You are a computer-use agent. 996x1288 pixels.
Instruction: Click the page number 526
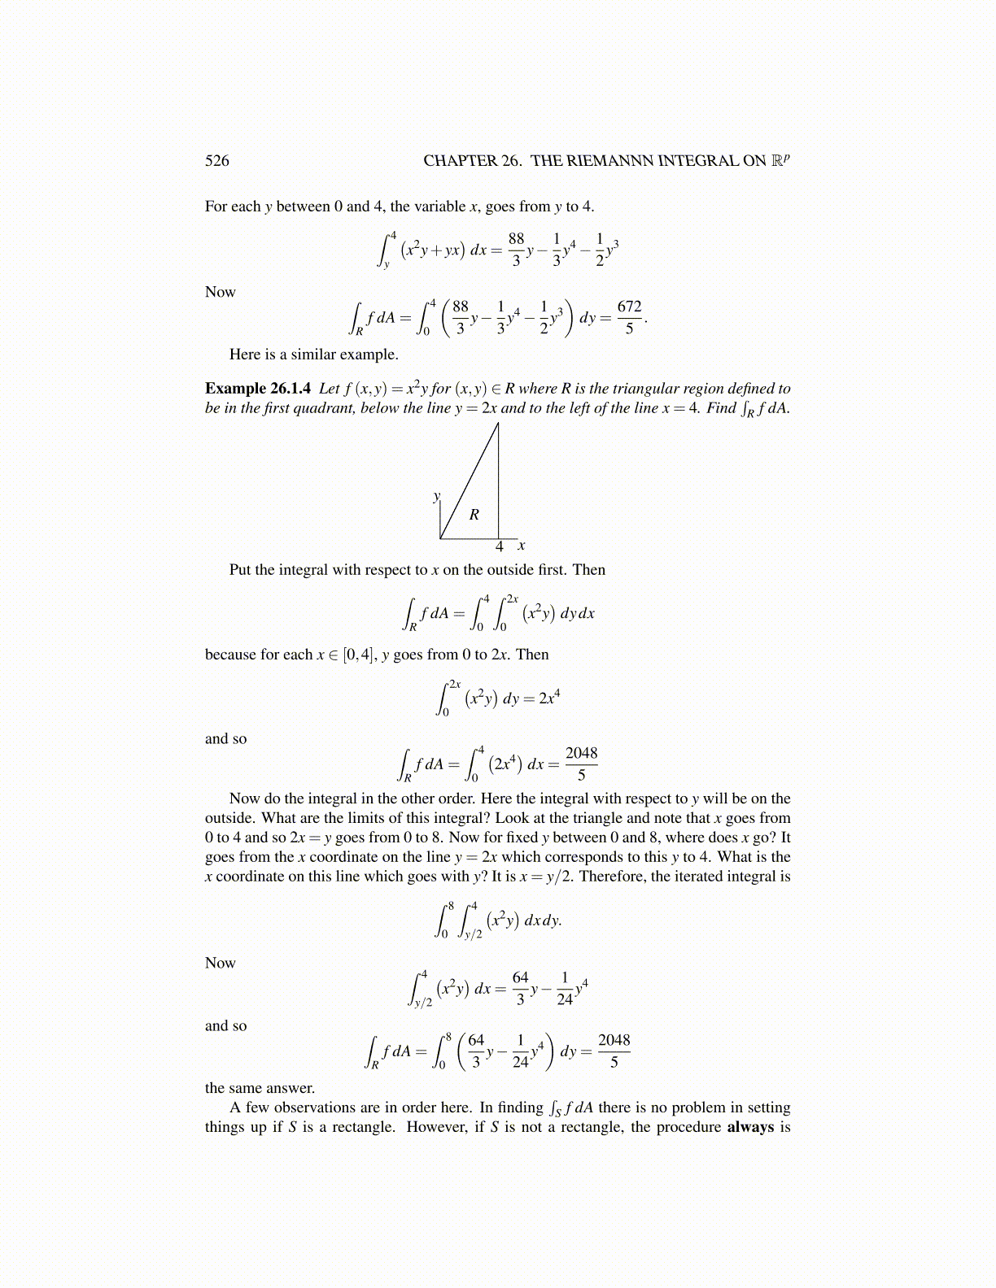216,161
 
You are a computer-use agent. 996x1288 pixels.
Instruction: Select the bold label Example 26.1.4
258,389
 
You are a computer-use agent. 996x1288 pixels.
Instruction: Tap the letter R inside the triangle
474,515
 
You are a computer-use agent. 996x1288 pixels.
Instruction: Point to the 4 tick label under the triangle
500,547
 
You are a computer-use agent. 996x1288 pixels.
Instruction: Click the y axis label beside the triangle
437,496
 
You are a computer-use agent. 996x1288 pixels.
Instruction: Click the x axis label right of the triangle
522,546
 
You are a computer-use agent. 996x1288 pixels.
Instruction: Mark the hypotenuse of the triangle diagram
470,480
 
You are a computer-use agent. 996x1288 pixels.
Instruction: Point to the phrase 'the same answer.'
260,1088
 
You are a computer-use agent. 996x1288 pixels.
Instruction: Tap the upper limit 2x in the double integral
512,599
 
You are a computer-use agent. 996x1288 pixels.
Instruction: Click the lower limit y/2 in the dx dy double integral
473,935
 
